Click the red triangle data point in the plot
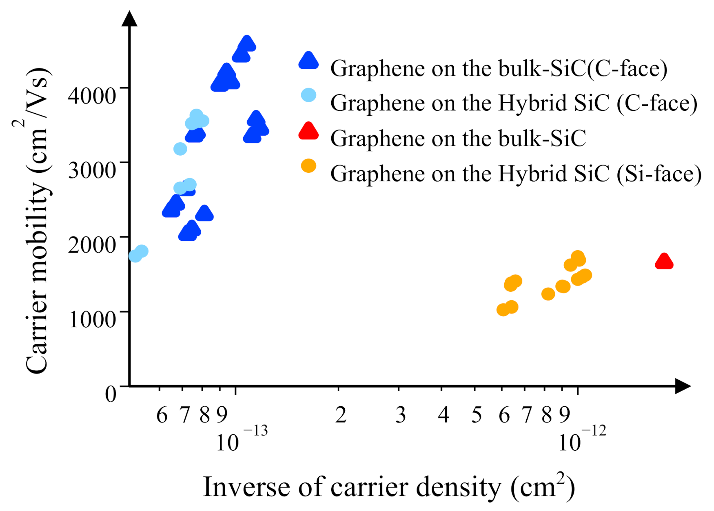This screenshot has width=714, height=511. [x=664, y=262]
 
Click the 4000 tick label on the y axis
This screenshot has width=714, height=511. [x=92, y=95]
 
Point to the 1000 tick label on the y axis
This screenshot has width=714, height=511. [x=92, y=319]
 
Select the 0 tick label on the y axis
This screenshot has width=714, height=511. [x=111, y=394]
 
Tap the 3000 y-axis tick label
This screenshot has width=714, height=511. [x=92, y=170]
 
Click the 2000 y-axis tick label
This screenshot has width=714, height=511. [x=92, y=244]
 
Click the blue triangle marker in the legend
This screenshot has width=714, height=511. [x=308, y=61]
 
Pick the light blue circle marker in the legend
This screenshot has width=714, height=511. [x=308, y=95]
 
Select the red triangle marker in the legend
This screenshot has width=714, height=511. [x=308, y=132]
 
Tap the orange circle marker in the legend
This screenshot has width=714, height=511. [x=308, y=166]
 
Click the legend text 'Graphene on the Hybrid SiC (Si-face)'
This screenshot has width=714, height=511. [x=516, y=174]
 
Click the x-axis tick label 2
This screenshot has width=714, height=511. [x=341, y=415]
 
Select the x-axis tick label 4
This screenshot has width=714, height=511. [x=443, y=415]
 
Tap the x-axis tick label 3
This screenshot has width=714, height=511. [x=401, y=415]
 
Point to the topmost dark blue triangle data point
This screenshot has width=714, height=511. [x=247, y=43]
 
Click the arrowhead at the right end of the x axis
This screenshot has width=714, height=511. [x=682, y=385]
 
